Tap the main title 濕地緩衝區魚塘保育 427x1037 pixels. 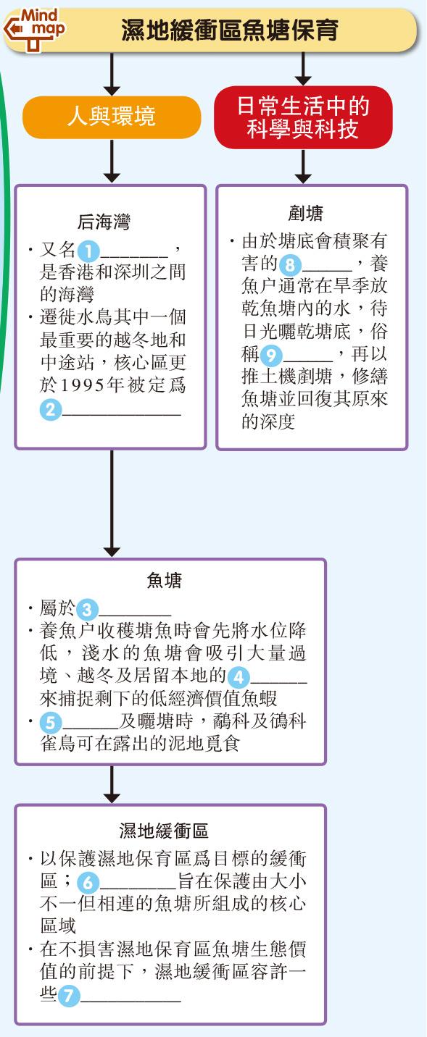click(x=230, y=30)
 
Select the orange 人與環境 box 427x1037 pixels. click(x=112, y=117)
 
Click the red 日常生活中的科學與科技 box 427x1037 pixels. click(x=303, y=117)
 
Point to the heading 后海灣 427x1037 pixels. click(x=104, y=222)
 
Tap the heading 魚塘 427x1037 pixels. click(x=164, y=580)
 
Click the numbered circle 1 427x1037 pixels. click(x=88, y=252)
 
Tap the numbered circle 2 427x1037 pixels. click(x=51, y=409)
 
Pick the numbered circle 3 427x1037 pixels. click(x=87, y=610)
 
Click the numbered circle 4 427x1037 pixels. click(x=239, y=678)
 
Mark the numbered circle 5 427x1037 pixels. click(x=51, y=723)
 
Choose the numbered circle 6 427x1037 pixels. click(x=88, y=883)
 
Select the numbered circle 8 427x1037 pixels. click(x=290, y=265)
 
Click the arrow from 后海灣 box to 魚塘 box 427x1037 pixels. click(x=112, y=503)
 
